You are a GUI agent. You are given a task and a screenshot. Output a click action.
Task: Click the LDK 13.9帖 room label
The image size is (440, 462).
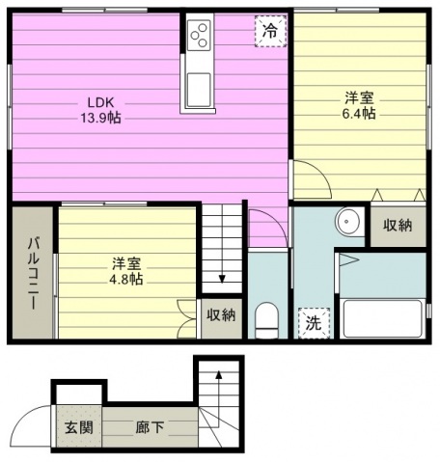coord(100,110)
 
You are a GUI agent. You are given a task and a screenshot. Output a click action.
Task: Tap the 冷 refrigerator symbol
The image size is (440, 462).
coord(270,31)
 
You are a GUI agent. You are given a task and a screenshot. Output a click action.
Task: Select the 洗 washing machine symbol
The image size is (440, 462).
coord(314,323)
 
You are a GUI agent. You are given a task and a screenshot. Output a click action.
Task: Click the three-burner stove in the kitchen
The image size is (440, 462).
coord(199,35)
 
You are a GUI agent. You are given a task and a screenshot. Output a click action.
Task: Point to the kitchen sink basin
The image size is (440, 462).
coord(199,90)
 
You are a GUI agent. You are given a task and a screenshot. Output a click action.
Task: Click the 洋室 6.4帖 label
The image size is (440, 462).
coord(359,105)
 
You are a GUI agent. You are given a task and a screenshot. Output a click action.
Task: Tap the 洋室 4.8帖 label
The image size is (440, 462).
coord(126,271)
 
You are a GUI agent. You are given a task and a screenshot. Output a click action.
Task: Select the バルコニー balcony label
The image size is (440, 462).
coord(33,273)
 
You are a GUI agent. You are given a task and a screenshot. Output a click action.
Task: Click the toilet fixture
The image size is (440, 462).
coord(266,320)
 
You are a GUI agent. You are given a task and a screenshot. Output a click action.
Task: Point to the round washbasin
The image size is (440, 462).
coord(346,222)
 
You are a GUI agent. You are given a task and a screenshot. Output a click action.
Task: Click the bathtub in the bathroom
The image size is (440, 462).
coord(382,318)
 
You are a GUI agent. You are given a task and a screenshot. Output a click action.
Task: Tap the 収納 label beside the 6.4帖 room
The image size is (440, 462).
coord(398,226)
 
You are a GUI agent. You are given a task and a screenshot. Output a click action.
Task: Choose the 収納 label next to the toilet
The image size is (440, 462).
coord(221,315)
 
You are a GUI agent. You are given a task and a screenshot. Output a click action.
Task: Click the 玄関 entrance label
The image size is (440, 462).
coord(79,427)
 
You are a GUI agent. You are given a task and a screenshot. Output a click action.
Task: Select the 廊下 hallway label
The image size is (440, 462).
coord(150,427)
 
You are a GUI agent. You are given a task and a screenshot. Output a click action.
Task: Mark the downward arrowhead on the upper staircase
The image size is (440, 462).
coord(222,279)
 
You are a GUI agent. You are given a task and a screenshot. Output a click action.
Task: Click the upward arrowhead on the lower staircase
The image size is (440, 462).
coord(219,374)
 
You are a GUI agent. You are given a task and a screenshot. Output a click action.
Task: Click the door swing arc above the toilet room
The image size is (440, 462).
coord(274,221)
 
